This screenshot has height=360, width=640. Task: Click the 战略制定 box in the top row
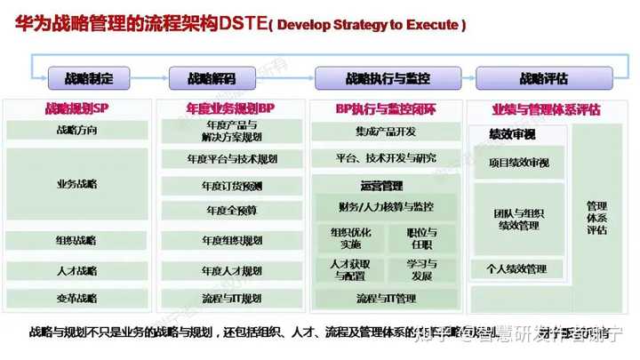point(89,78)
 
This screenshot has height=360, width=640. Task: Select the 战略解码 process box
point(212,78)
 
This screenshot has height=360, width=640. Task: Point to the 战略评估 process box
point(544,78)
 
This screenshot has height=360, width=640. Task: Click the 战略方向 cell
point(76,131)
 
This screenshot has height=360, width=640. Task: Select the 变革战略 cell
point(76,298)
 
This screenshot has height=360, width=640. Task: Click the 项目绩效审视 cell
point(519,163)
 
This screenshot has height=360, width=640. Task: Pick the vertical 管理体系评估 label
point(597,217)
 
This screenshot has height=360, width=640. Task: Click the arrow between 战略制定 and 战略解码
point(149,78)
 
